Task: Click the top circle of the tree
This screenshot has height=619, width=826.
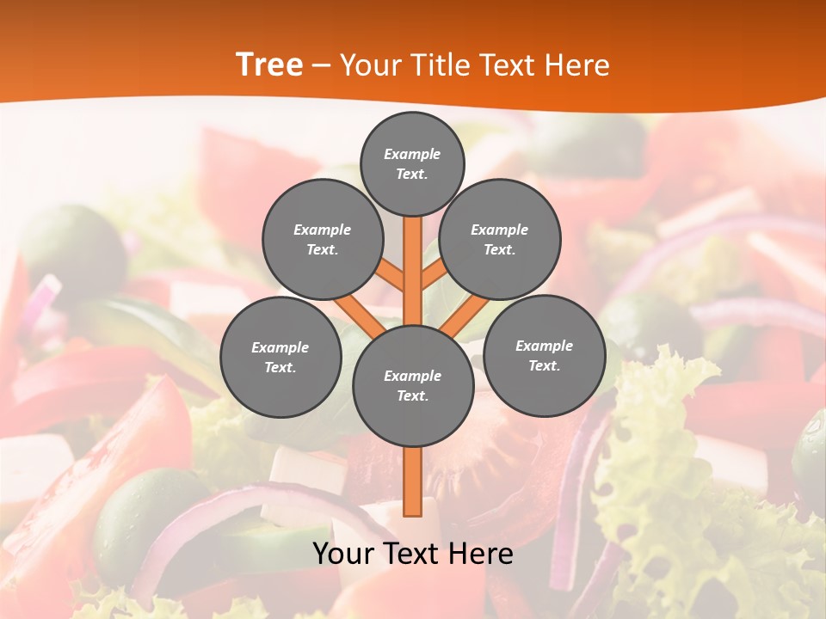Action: tap(412, 163)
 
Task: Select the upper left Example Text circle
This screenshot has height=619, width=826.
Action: tap(322, 240)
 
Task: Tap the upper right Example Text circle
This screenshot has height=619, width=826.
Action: tap(499, 240)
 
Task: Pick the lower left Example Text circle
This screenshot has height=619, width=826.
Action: tap(280, 357)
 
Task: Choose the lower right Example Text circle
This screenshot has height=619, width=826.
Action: tap(544, 355)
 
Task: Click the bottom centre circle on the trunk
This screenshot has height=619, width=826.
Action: tap(412, 386)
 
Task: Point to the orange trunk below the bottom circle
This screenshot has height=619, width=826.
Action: tap(412, 481)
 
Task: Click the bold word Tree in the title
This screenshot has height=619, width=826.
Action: tap(269, 64)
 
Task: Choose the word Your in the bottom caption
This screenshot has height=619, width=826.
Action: tap(342, 554)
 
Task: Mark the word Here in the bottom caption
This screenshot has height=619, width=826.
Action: tap(482, 554)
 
